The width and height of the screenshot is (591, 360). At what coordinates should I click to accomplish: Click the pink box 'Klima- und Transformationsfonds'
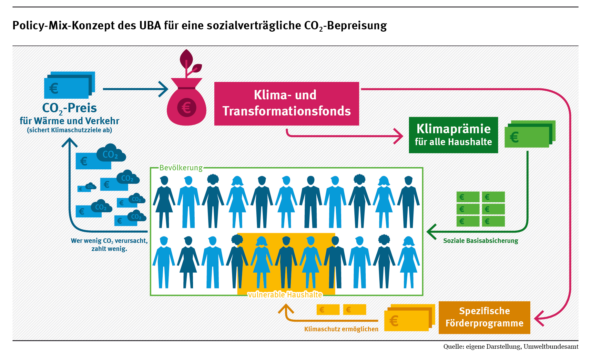[286, 103]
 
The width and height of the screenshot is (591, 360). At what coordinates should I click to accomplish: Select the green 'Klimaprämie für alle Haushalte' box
[453, 135]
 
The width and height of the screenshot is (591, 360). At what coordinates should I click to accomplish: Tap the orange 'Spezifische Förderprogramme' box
[484, 317]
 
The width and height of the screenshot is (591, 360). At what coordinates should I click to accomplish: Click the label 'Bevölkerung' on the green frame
[181, 168]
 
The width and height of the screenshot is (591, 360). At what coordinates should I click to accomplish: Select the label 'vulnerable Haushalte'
[285, 295]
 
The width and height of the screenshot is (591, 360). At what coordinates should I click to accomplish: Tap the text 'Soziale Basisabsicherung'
[480, 241]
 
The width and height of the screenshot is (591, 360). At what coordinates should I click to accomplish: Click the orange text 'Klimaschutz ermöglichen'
[341, 329]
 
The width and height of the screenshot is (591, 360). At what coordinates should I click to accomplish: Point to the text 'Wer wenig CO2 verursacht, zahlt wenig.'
[109, 245]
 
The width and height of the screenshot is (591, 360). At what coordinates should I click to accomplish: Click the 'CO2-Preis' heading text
[69, 108]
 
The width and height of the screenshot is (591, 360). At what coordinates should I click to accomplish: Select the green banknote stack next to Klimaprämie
[530, 134]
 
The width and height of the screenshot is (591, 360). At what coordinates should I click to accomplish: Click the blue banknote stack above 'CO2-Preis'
[69, 85]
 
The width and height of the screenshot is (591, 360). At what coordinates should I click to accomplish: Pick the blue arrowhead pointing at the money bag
[164, 89]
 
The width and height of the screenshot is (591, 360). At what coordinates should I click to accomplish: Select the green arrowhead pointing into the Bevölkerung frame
[431, 232]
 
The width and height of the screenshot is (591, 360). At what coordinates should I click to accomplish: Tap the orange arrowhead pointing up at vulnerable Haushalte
[286, 309]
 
